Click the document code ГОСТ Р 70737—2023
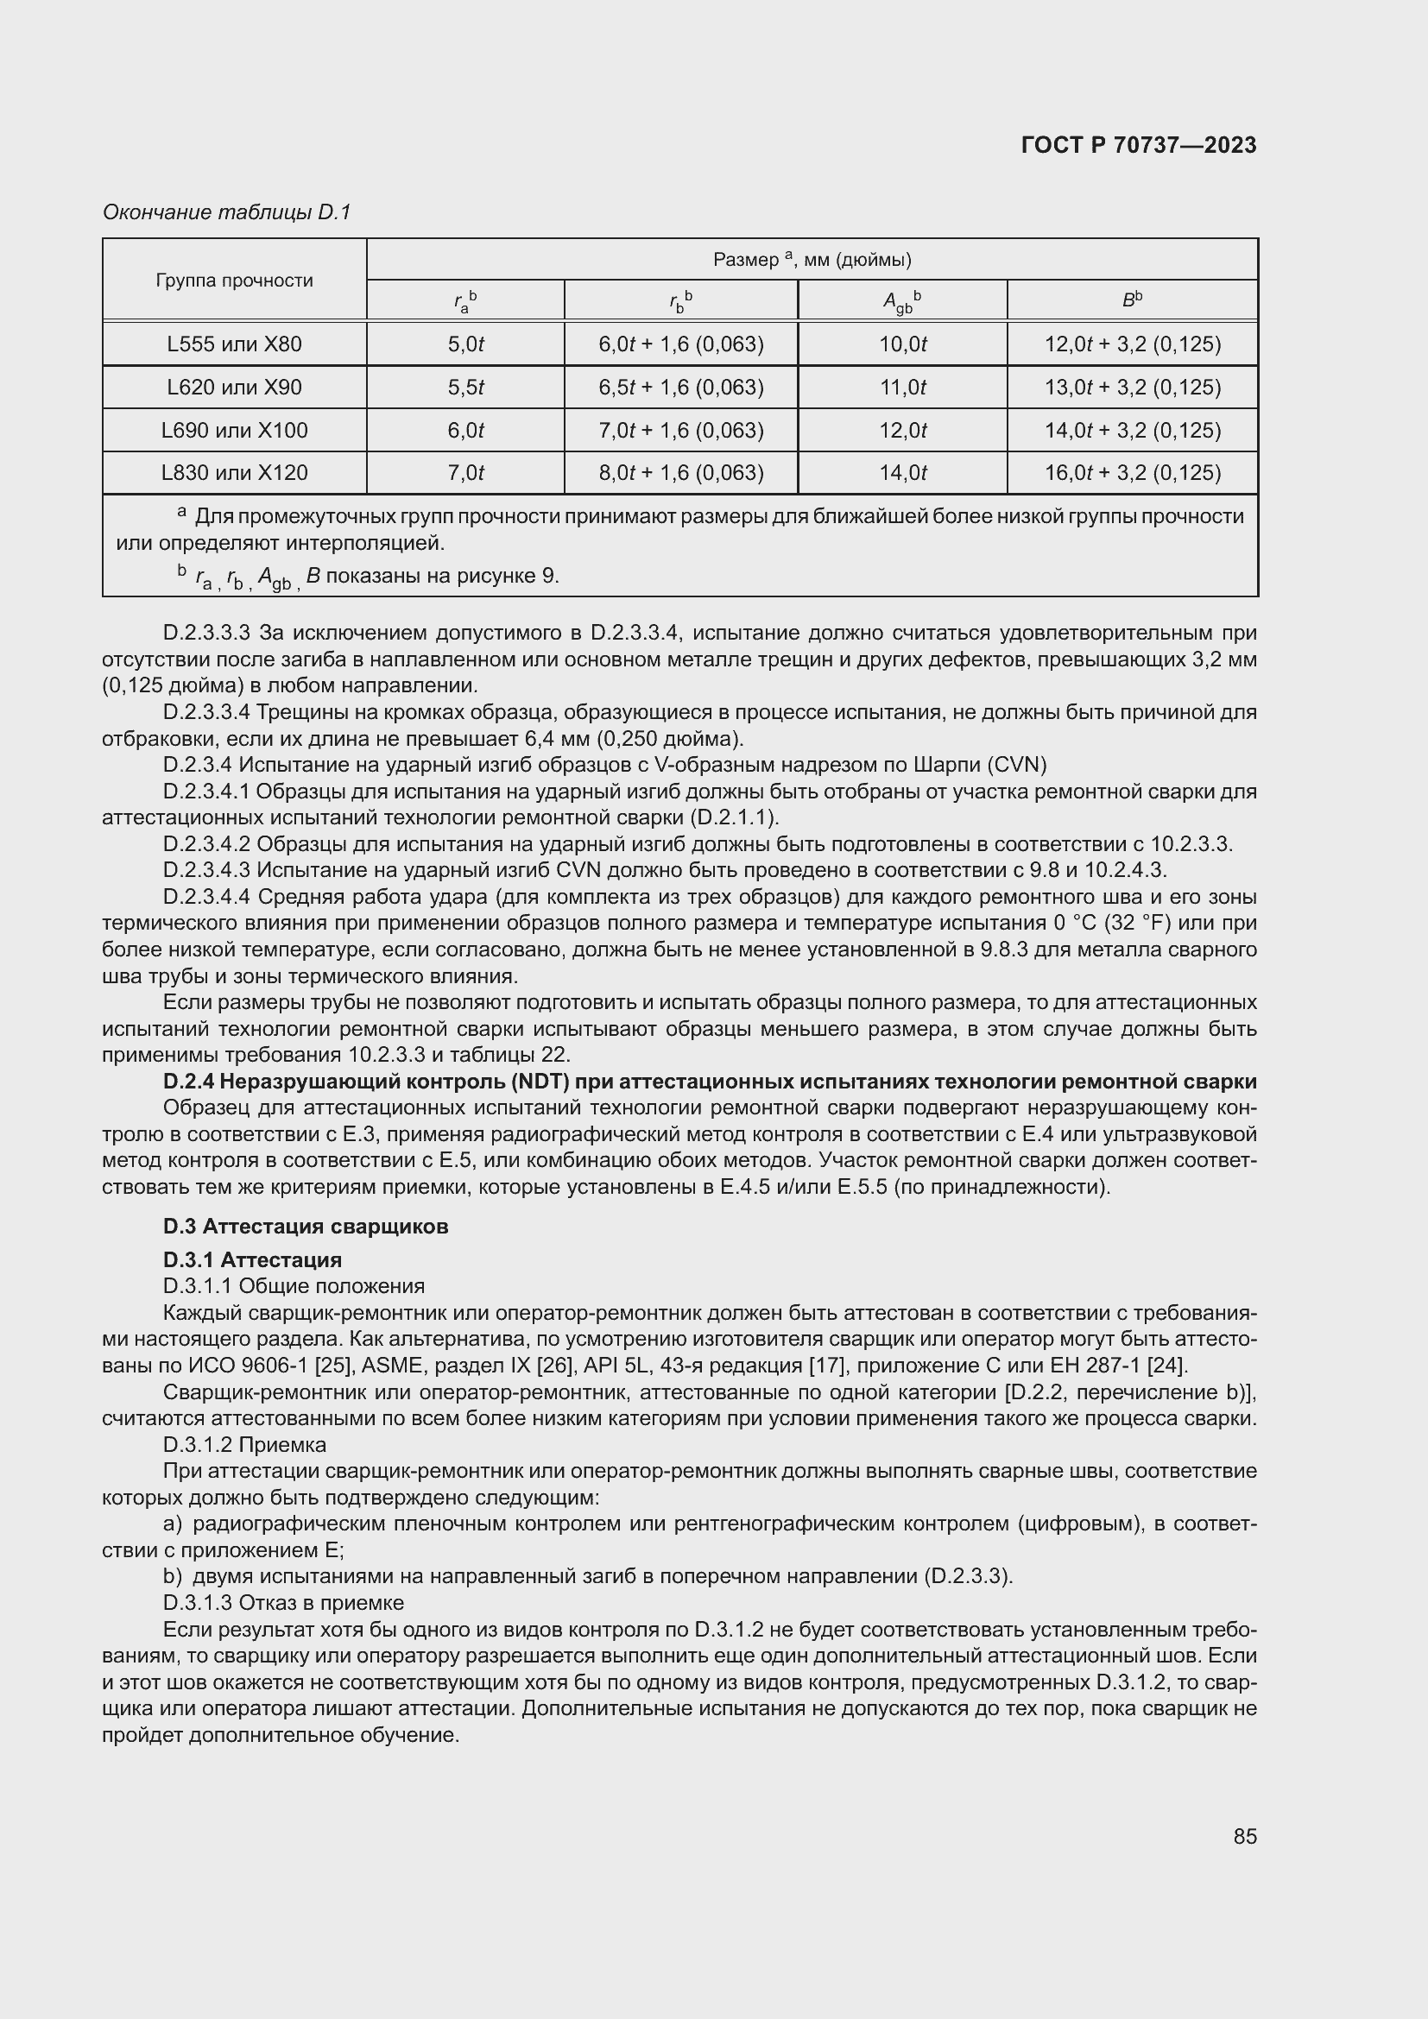click(1139, 146)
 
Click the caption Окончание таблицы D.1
click(227, 213)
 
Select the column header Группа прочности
click(234, 281)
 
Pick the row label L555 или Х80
click(234, 344)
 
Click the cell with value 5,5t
click(465, 388)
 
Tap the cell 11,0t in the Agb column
click(902, 388)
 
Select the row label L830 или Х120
click(234, 473)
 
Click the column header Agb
click(902, 301)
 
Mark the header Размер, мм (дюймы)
click(812, 261)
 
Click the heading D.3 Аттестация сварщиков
click(305, 1227)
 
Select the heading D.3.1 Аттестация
click(252, 1260)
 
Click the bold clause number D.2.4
click(189, 1082)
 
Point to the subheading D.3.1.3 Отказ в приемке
click(283, 1603)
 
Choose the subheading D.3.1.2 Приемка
click(244, 1445)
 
